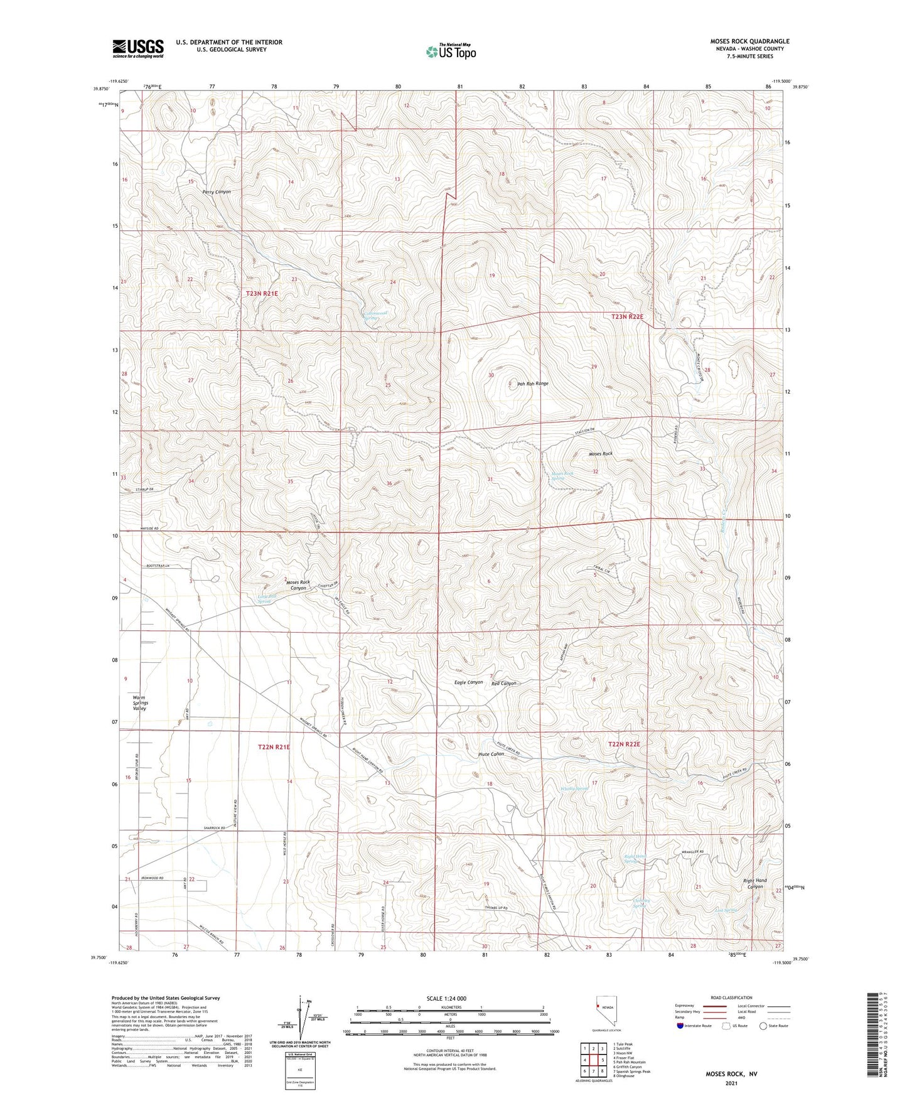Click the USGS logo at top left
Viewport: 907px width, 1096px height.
point(137,48)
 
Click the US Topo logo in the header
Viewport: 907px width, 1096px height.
point(451,51)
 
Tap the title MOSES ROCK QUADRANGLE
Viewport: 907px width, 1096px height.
point(741,41)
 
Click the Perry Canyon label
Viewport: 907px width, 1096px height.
point(217,191)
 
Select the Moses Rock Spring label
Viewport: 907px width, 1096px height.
point(562,476)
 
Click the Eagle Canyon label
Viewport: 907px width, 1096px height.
point(466,682)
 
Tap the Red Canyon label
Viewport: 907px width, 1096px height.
point(503,683)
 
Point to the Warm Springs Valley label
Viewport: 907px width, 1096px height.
point(140,703)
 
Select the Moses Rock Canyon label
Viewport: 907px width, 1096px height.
point(298,585)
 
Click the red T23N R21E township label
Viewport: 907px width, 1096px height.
point(261,293)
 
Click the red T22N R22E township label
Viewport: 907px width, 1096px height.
point(624,744)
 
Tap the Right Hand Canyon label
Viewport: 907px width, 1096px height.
point(754,884)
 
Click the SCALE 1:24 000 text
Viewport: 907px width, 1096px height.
point(446,998)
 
